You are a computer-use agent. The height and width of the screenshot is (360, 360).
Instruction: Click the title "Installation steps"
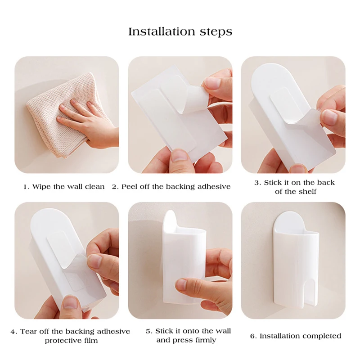tap(180, 32)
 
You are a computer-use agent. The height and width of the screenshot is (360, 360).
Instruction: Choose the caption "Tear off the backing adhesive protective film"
tap(70, 336)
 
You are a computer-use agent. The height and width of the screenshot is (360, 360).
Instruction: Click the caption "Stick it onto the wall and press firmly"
tap(188, 336)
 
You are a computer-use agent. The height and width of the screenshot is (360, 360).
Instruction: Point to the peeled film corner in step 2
tap(194, 99)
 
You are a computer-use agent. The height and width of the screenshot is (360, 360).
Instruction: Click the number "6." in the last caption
tap(253, 336)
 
